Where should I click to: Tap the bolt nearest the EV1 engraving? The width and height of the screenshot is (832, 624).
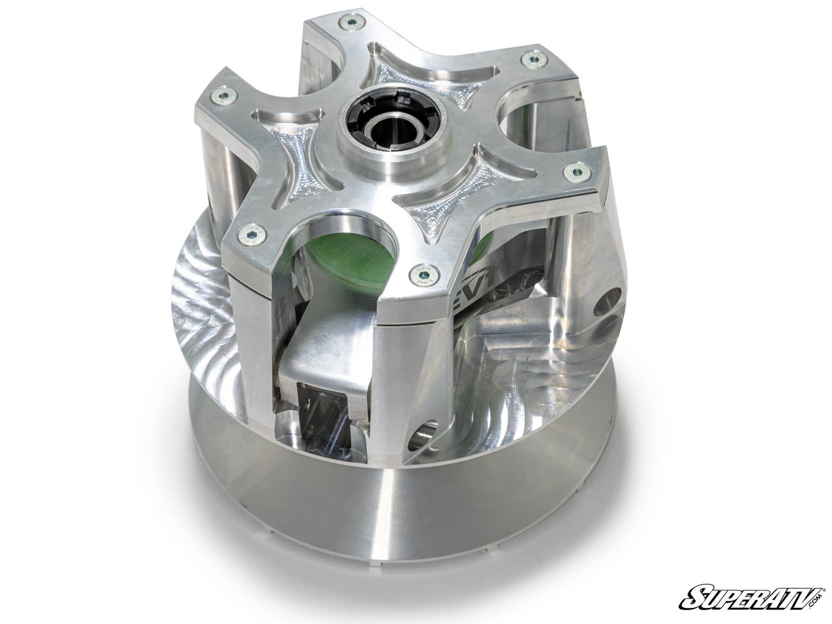(x=419, y=276)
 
